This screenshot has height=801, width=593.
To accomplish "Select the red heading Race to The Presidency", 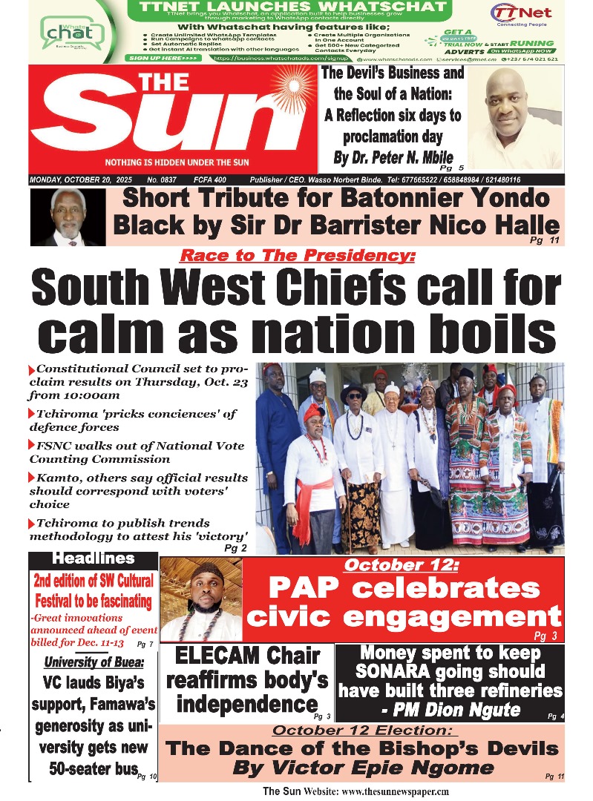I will pyautogui.click(x=298, y=256).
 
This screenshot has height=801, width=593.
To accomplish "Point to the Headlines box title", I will pyautogui.click(x=94, y=558).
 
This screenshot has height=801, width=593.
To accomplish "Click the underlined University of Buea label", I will pyautogui.click(x=94, y=662).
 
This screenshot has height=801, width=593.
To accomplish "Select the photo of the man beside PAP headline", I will pyautogui.click(x=200, y=599).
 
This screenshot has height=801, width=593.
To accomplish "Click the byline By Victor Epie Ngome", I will pyautogui.click(x=362, y=768).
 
